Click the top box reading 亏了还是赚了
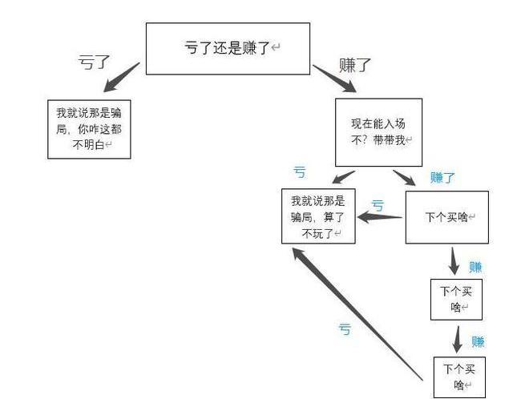pos(227,48)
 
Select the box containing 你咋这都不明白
pos(89,128)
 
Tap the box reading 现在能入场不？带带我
pos(378,131)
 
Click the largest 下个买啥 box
pos(446,217)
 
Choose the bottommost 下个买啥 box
pos(459,376)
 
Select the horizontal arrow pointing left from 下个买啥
pos(381,216)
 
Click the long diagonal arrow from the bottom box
pos(357,312)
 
